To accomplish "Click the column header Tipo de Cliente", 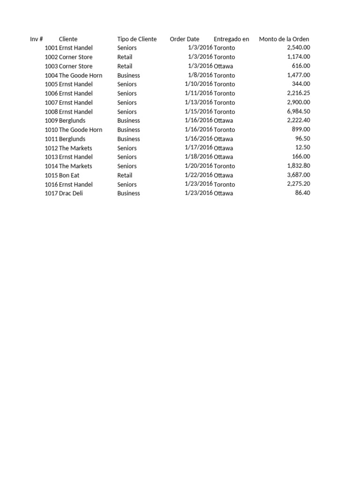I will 137,39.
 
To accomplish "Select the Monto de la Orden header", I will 284,39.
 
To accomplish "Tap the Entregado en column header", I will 232,39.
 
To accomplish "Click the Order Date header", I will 185,39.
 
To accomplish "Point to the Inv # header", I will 37,39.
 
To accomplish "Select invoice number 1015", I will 51,175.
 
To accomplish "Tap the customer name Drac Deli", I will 71,193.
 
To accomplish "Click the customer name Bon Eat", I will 69,175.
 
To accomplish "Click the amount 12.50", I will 302,148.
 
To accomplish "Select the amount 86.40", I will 302,193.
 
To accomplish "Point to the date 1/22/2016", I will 199,175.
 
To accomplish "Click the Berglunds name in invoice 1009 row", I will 72,120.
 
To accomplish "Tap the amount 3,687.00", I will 298,175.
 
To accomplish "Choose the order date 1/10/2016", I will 199,84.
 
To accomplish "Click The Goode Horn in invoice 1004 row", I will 81,75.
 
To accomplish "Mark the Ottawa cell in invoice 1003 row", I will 224,66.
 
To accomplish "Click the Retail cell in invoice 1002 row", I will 125,57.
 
